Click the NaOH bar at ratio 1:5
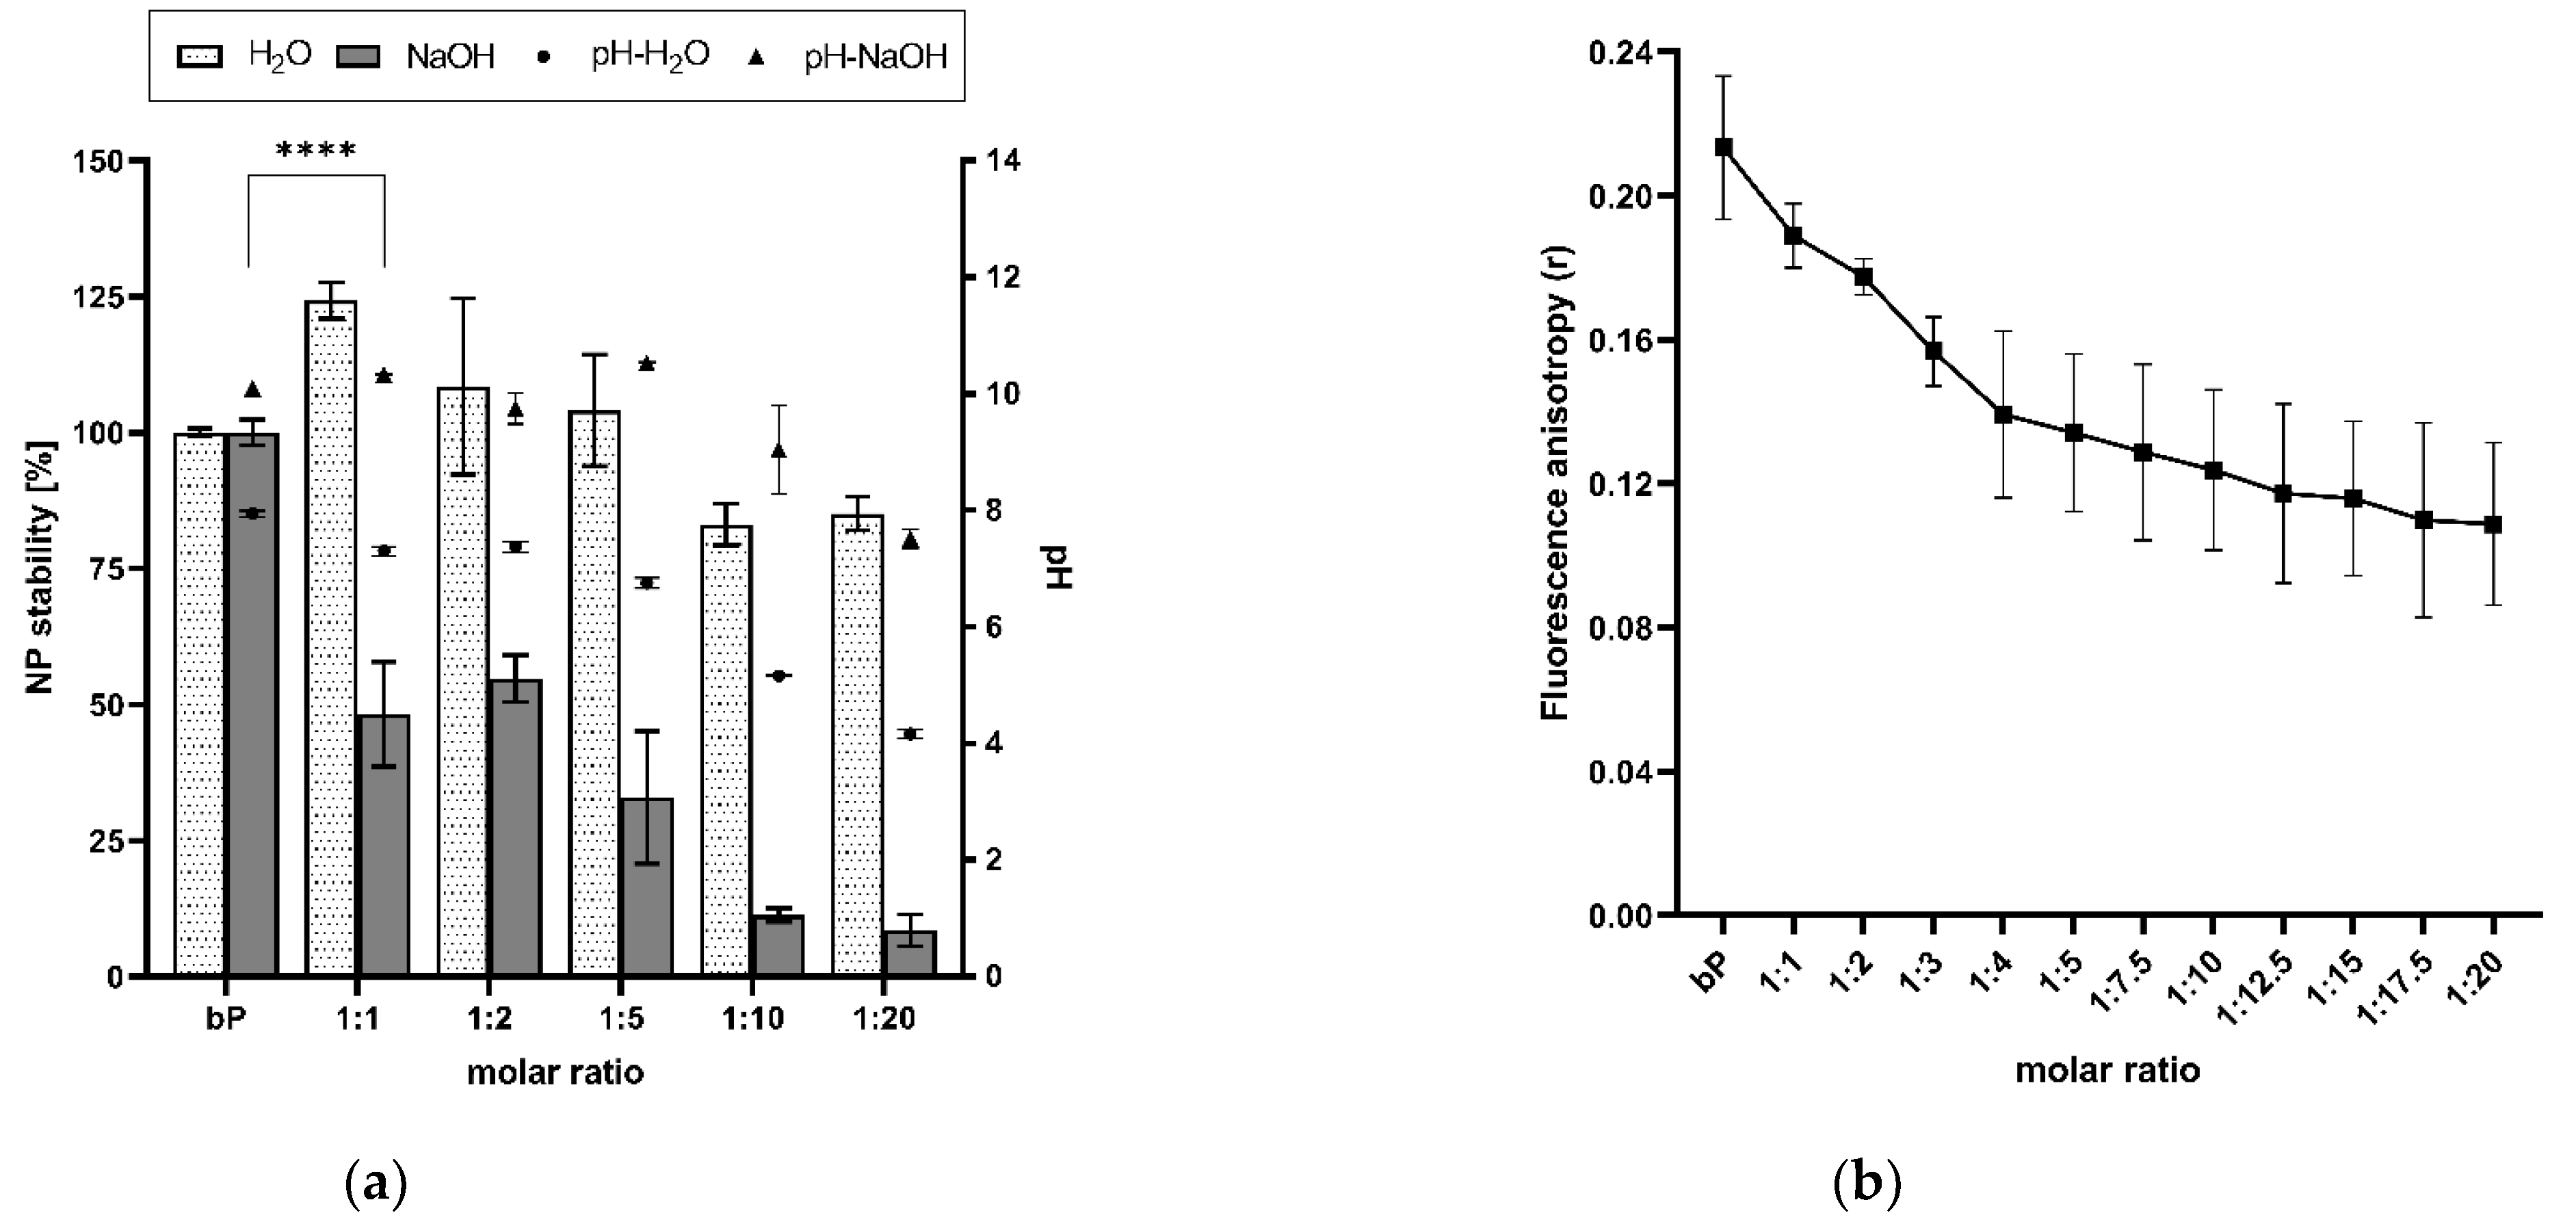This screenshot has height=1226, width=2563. (646, 886)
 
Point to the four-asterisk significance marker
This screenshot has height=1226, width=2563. (315, 151)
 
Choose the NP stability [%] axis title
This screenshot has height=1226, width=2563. (40, 567)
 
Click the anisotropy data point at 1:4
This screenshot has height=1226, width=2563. (2003, 414)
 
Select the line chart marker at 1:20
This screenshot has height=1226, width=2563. (2493, 525)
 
